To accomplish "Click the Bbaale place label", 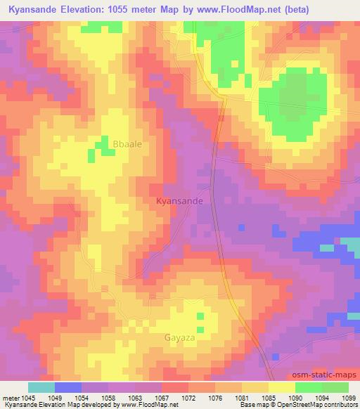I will [x=127, y=144].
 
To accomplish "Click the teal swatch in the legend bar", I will [x=41, y=387].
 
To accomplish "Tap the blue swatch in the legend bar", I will [x=67, y=387].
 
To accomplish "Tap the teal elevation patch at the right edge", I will [x=349, y=244].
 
